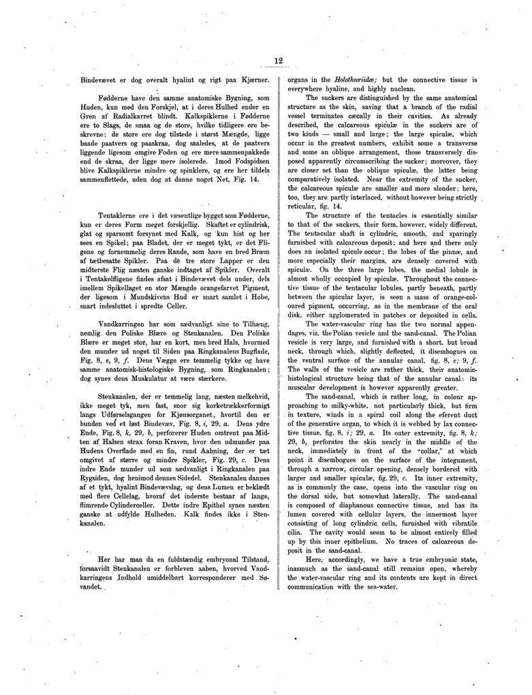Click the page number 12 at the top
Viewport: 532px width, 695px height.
pos(278,61)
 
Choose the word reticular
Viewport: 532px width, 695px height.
pos(307,206)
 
